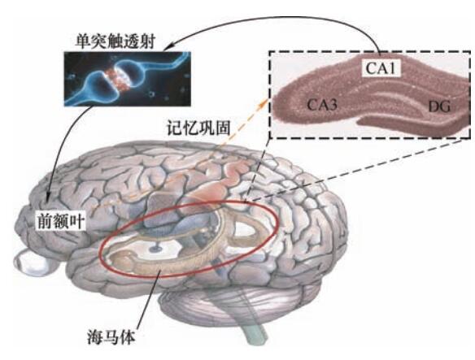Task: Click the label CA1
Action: coord(381,68)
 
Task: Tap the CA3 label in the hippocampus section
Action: coord(322,105)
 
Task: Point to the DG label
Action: coord(439,106)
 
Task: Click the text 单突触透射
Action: coord(115,41)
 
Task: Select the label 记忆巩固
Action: coord(198,128)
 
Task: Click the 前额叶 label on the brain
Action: coord(60,221)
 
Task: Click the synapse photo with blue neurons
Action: coord(127,79)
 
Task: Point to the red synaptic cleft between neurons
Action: coord(115,78)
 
